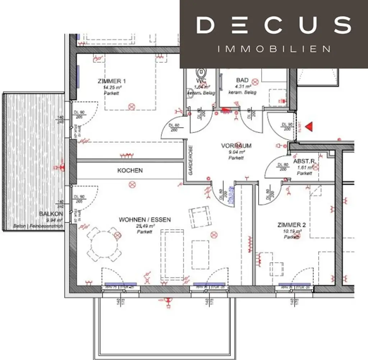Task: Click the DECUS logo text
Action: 273,26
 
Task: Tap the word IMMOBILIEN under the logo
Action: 274,49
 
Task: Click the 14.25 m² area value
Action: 112,87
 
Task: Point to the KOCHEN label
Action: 130,170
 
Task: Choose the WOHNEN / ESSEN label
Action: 145,220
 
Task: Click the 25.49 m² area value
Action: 145,226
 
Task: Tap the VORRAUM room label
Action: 236,146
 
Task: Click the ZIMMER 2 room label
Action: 291,225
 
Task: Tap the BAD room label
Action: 242,80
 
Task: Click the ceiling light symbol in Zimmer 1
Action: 132,106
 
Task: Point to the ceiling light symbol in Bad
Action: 255,82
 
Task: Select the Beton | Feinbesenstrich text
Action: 38,226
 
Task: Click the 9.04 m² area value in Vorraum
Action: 236,152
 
